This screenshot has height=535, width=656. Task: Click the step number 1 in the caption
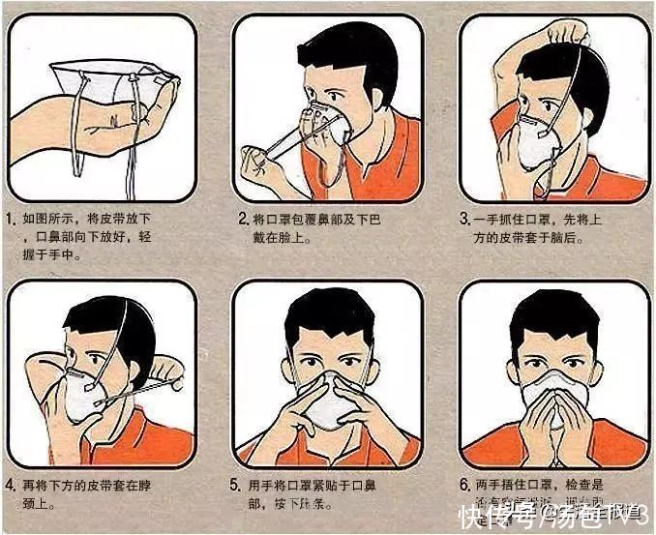point(13,222)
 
